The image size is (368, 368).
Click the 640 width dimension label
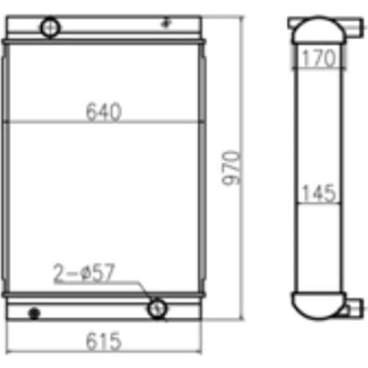point(104,111)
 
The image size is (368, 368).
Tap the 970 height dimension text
point(233,170)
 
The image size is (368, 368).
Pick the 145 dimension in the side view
point(318,193)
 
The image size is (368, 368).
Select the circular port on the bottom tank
point(157,308)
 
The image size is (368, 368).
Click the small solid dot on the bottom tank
point(32,314)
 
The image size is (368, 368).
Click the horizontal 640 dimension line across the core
point(44,123)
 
